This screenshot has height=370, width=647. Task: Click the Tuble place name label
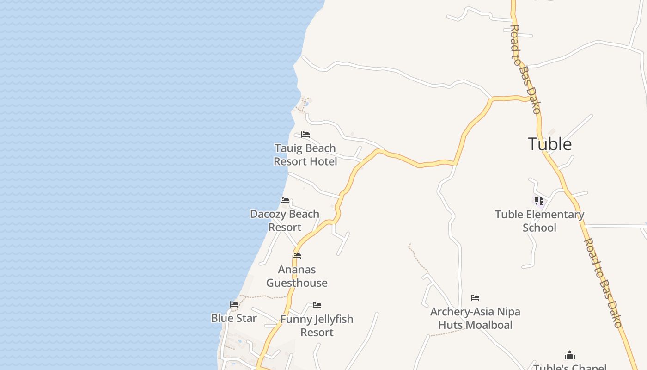tap(549, 144)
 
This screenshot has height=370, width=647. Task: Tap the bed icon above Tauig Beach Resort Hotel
tap(305, 135)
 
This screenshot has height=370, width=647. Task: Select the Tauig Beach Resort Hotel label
tap(305, 155)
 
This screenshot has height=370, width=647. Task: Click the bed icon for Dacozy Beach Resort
tap(285, 200)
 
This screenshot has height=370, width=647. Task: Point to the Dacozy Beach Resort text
tap(285, 221)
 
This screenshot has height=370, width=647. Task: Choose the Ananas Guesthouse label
tap(297, 276)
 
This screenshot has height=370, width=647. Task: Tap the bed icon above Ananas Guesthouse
tap(297, 256)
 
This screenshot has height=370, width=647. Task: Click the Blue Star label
tap(234, 318)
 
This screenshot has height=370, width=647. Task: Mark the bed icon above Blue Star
tap(234, 304)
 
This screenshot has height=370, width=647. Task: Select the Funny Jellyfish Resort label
tap(317, 326)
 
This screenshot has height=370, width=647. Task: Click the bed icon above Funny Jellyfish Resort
tap(317, 305)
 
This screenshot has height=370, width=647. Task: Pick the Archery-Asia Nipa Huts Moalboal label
tap(475, 318)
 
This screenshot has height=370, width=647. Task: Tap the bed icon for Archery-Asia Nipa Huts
tap(475, 298)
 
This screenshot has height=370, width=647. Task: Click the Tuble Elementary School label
tap(539, 221)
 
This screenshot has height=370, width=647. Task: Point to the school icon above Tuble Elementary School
tap(539, 201)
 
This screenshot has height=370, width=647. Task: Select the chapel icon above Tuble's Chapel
tap(570, 355)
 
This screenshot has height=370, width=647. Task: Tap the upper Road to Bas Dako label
tap(525, 69)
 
